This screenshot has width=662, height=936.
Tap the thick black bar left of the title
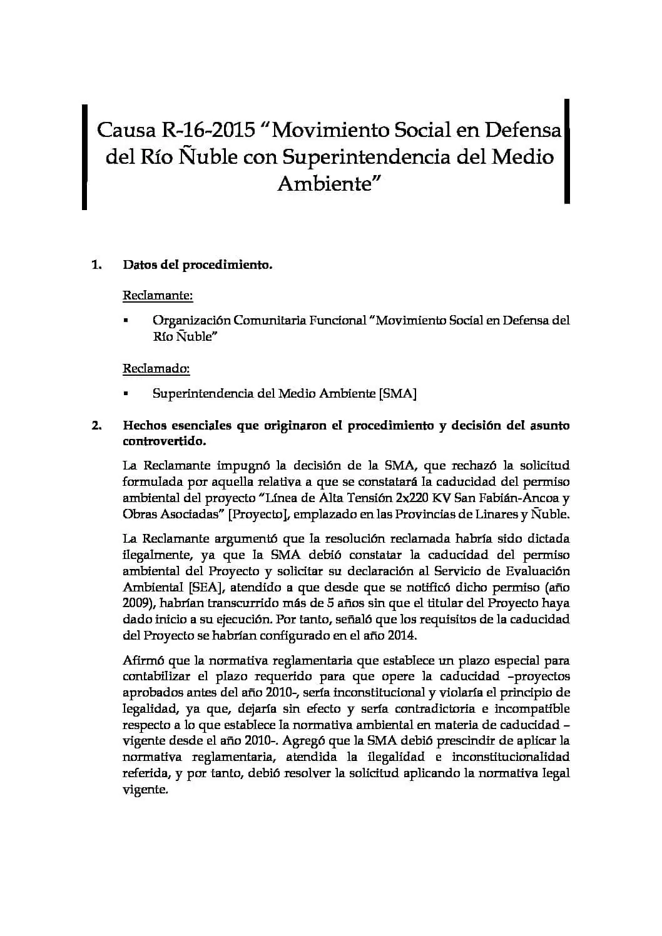click(x=84, y=157)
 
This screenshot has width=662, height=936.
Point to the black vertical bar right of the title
click(x=567, y=151)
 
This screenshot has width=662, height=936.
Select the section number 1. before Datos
click(x=96, y=264)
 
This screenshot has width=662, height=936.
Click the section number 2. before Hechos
click(x=96, y=425)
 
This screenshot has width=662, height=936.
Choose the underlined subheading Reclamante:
click(x=157, y=294)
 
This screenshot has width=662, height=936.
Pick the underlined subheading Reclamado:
click(x=156, y=368)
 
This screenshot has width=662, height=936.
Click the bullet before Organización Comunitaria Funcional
click(x=126, y=321)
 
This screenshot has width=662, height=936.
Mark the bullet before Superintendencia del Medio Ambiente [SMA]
click(x=126, y=395)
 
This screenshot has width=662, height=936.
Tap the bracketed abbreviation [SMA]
click(x=398, y=393)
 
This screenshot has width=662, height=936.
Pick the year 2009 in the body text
click(x=136, y=603)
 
